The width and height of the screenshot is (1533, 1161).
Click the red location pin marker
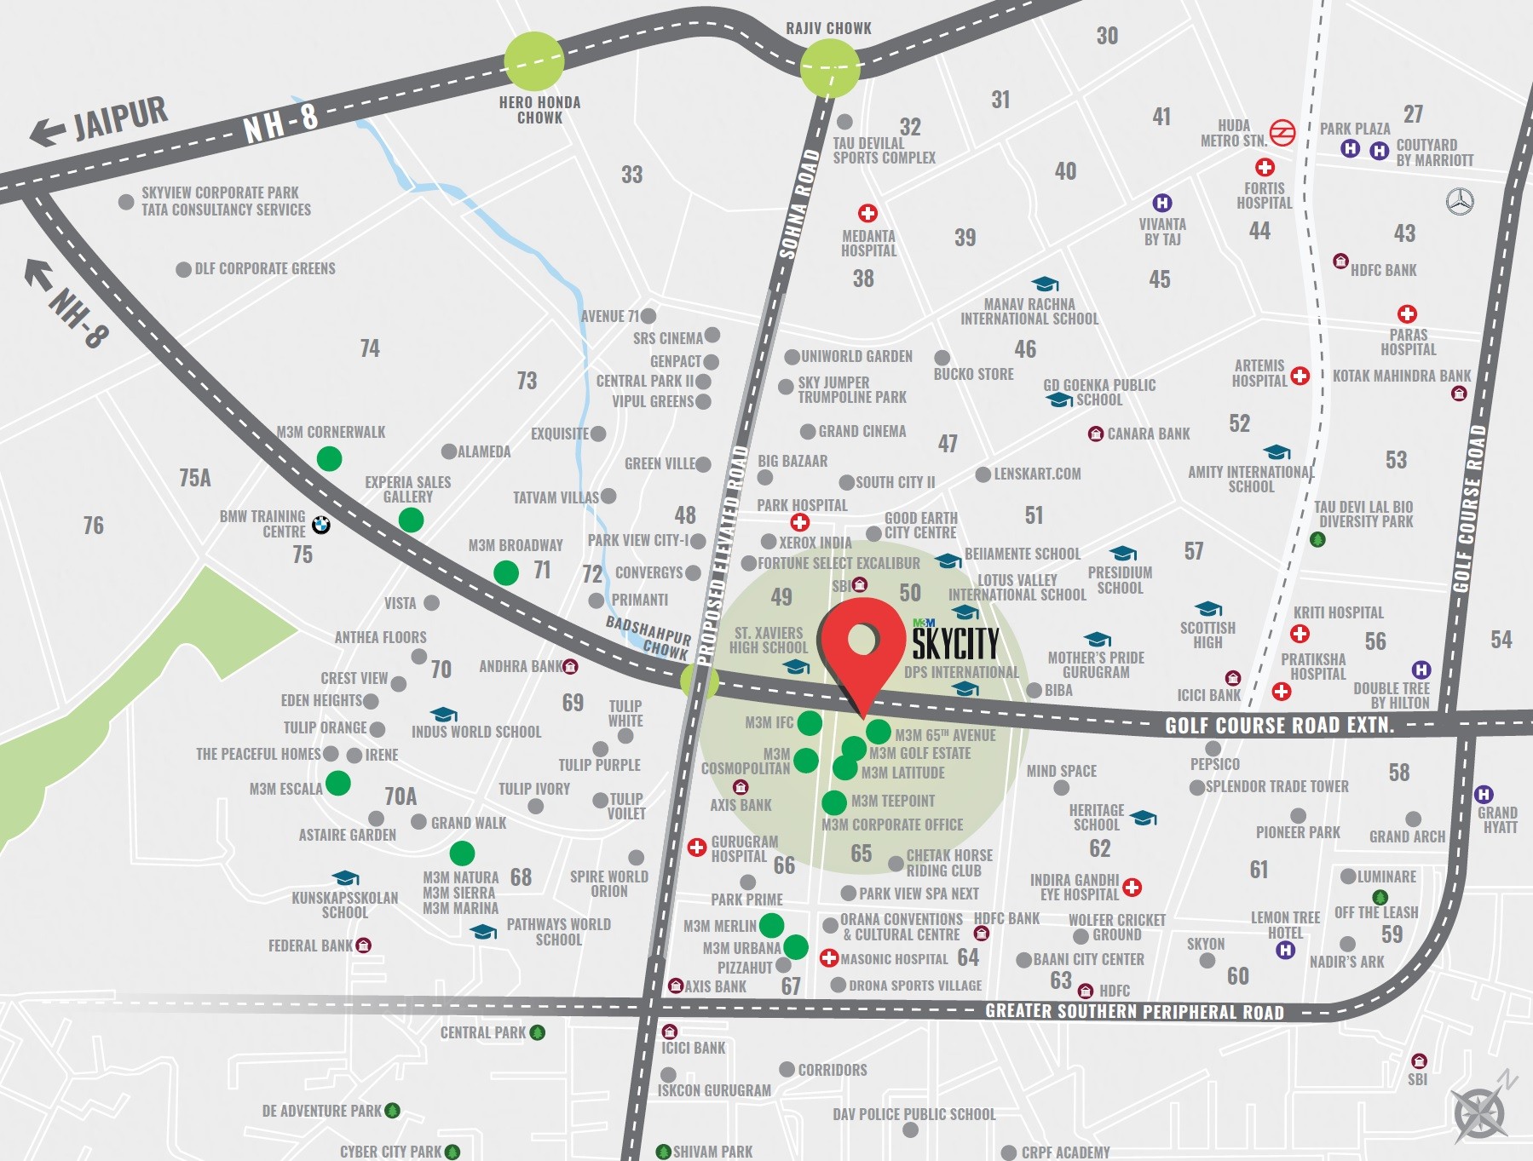point(862,643)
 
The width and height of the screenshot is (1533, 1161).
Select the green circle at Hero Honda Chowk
point(534,60)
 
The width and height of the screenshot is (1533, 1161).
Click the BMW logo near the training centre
point(320,525)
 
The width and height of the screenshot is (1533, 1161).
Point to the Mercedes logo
point(1460,201)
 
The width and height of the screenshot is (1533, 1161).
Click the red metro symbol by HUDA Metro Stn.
point(1282,133)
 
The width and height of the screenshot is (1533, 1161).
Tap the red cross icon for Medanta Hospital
point(867,213)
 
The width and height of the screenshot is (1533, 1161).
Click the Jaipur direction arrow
point(48,132)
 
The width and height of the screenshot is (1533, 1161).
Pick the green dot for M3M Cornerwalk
point(329,458)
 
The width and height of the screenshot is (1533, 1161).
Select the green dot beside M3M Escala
point(338,783)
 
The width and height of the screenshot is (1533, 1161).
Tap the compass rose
point(1481,1112)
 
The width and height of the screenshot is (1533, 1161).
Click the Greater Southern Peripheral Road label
point(1133,1012)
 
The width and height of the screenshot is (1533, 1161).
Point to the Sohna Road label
point(798,204)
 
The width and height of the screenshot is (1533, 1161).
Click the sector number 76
point(93,526)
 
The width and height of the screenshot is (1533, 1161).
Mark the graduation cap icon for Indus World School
point(443,715)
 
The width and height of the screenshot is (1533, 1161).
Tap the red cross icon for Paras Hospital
point(1407,314)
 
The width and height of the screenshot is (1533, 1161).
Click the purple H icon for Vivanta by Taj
point(1161,203)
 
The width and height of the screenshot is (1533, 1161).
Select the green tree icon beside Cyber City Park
point(452,1152)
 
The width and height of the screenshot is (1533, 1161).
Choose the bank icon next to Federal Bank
point(364,945)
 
